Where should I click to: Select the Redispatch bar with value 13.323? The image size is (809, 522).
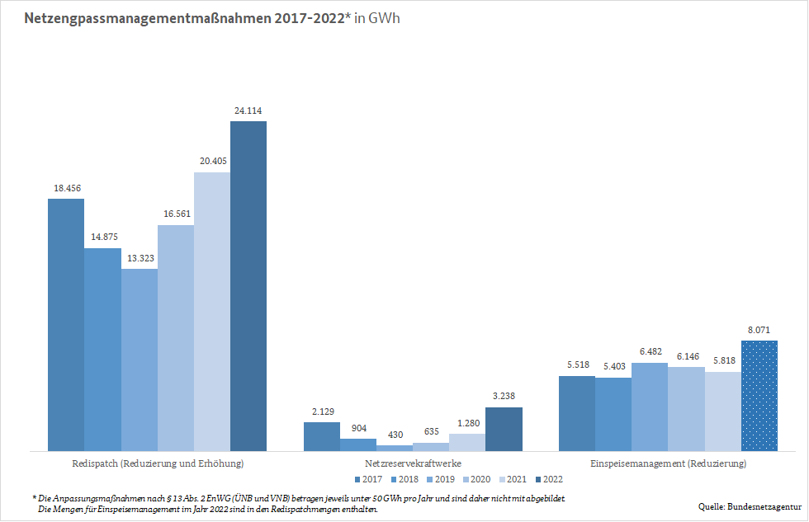coord(140,360)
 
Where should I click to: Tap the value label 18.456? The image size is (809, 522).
coord(66,188)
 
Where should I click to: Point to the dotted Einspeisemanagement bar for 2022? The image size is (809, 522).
coord(759,396)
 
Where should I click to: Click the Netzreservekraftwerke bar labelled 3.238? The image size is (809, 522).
coord(504,429)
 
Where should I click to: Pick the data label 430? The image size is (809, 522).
coord(395,435)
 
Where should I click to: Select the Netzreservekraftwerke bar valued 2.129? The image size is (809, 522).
coord(322,436)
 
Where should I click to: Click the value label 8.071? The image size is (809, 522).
coord(759,330)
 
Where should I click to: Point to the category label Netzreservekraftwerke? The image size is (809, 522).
coord(413,463)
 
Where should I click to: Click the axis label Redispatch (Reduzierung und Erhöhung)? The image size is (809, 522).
coord(158,463)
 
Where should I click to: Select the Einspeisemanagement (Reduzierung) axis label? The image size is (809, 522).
coord(668,463)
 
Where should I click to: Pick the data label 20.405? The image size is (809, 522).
coord(212,162)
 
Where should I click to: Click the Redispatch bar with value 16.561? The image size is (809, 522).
coord(176,338)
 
